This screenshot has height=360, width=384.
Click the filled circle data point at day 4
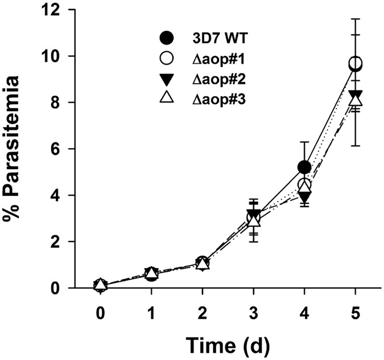coord(304,167)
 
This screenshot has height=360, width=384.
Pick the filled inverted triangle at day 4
coord(304,197)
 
